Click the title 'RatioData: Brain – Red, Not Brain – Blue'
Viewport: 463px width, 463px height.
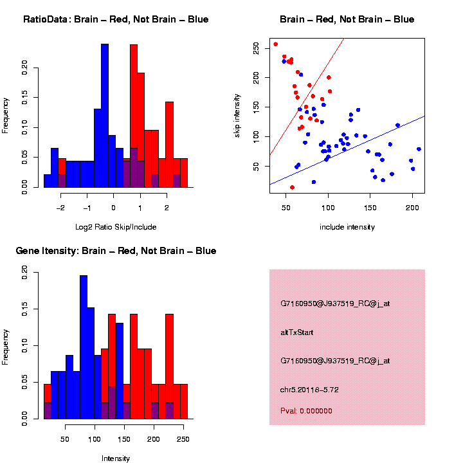(x=116, y=19)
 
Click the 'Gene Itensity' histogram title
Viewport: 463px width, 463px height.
(x=116, y=251)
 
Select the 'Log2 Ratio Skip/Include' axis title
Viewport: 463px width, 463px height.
(x=116, y=227)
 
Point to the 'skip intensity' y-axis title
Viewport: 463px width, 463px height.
(x=237, y=113)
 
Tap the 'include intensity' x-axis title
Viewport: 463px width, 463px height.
(x=347, y=227)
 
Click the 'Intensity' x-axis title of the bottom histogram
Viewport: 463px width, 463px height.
(x=116, y=458)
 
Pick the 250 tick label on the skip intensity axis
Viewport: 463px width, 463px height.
(x=257, y=48)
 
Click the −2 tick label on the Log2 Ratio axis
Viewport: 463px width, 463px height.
(x=60, y=208)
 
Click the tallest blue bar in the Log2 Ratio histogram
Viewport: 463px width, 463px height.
(x=105, y=116)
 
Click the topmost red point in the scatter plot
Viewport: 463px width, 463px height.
(x=275, y=44)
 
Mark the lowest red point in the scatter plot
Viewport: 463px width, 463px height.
(x=292, y=187)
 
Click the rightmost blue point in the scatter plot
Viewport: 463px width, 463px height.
(x=419, y=149)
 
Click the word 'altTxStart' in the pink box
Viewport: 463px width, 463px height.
(x=297, y=332)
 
